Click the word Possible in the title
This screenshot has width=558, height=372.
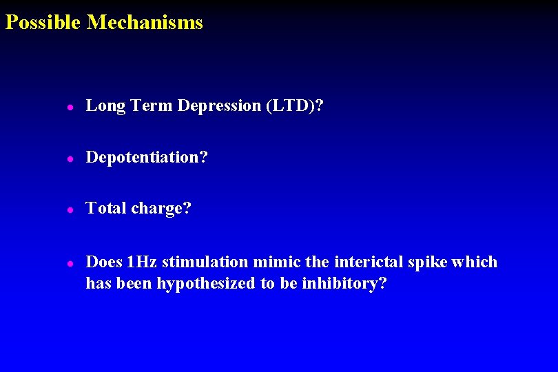coord(43,23)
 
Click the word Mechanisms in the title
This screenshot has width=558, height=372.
coord(145,23)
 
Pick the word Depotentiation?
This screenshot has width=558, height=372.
coord(147,158)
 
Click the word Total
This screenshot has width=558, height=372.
coord(105,208)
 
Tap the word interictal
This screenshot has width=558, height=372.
coord(366,262)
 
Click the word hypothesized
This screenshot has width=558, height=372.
coord(206,284)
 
